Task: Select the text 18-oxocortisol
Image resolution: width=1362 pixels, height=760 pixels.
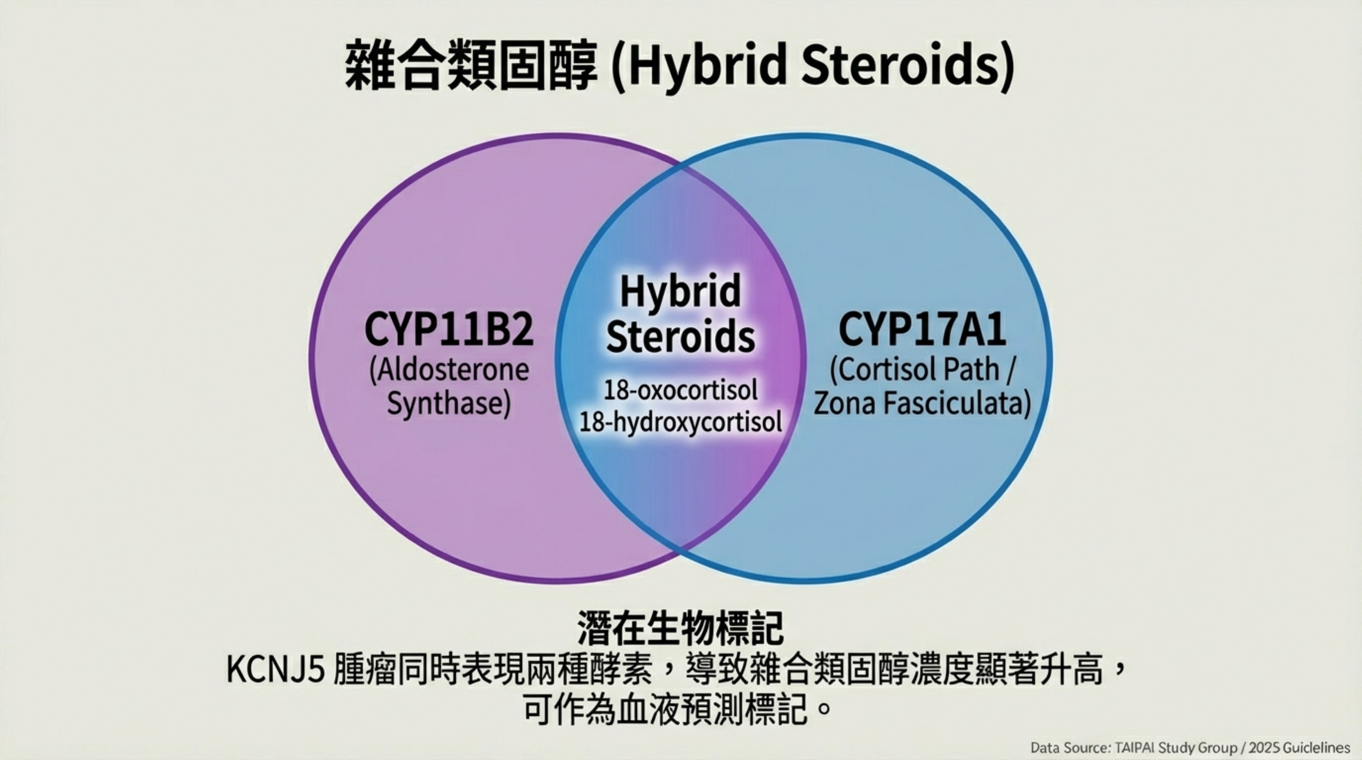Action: click(x=680, y=391)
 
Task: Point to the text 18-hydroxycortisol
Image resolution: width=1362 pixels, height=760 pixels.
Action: click(x=680, y=422)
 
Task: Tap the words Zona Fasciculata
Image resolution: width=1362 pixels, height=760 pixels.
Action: click(x=922, y=404)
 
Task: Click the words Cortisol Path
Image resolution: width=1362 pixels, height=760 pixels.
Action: click(x=913, y=370)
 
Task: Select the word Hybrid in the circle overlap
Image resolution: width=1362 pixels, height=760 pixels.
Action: click(x=680, y=292)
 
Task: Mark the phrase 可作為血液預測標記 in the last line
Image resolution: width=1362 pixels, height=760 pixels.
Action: click(x=664, y=710)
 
